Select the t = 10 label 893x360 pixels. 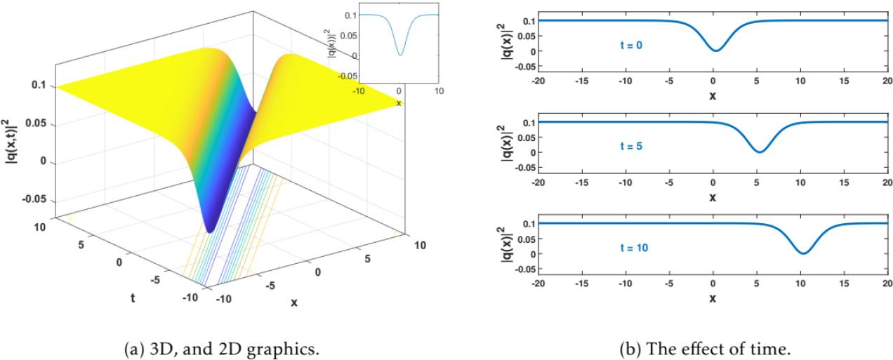click(x=630, y=248)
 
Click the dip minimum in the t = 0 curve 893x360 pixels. click(x=715, y=51)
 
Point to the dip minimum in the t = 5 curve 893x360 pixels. click(x=759, y=152)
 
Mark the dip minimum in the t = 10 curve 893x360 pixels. click(x=802, y=253)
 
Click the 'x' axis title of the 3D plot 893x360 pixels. click(x=294, y=302)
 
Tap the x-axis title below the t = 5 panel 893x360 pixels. click(x=713, y=197)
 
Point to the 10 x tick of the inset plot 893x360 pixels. click(x=439, y=91)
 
